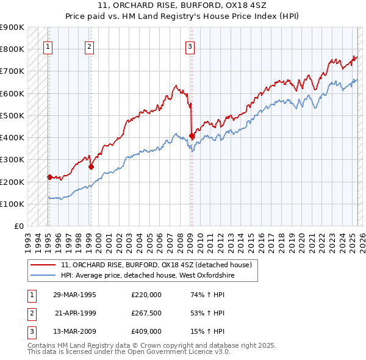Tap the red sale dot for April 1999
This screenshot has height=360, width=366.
point(91,167)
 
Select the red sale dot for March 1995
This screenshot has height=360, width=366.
point(49,177)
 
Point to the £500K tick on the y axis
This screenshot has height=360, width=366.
point(12,115)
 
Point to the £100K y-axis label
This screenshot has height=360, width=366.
point(12,204)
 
